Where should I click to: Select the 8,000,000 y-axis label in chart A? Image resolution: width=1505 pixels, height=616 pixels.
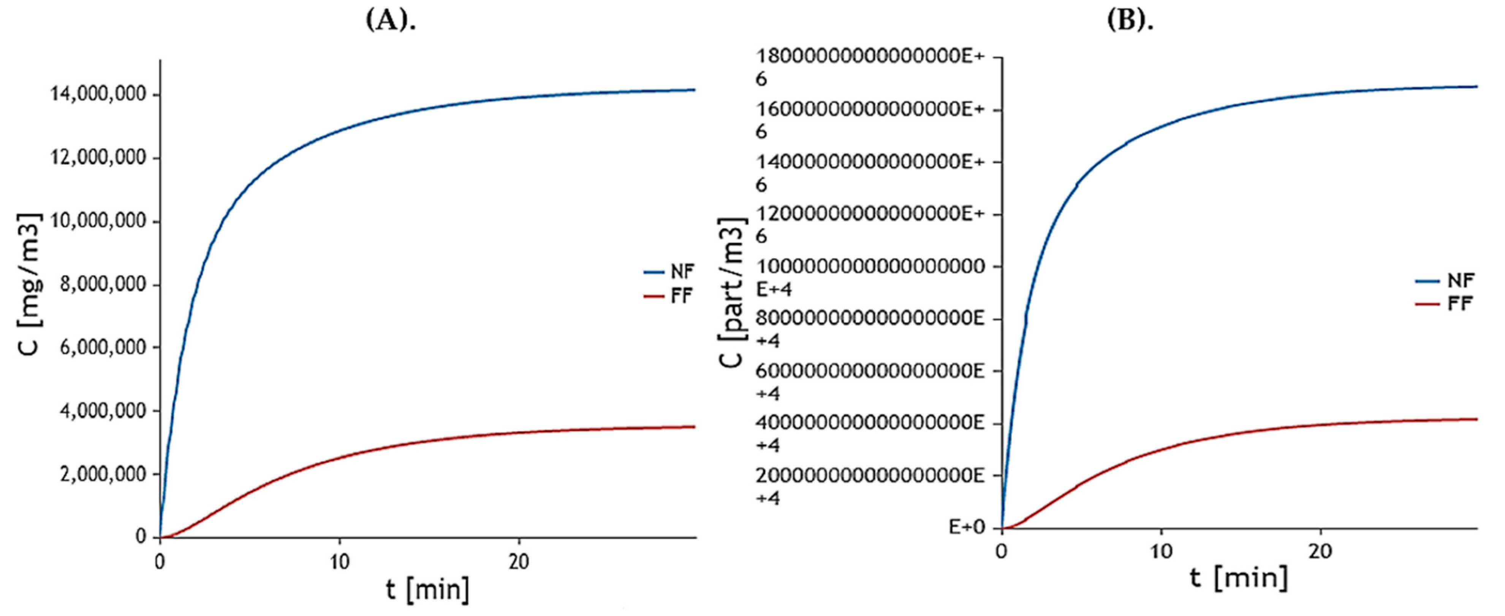click(x=102, y=284)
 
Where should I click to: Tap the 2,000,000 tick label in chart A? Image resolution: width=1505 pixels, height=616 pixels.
click(x=102, y=474)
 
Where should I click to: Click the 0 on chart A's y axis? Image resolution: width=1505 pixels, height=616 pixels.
click(x=141, y=536)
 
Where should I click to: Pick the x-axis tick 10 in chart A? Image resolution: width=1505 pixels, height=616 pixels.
click(x=339, y=562)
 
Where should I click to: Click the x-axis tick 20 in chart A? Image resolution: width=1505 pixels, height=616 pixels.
click(x=518, y=562)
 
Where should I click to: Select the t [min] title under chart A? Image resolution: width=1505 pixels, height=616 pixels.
click(x=428, y=590)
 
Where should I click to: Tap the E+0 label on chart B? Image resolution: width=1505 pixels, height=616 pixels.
click(x=966, y=527)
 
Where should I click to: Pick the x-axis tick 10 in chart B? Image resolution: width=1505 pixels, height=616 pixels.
click(x=1161, y=552)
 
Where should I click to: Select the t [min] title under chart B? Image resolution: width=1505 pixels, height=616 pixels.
click(x=1239, y=578)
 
